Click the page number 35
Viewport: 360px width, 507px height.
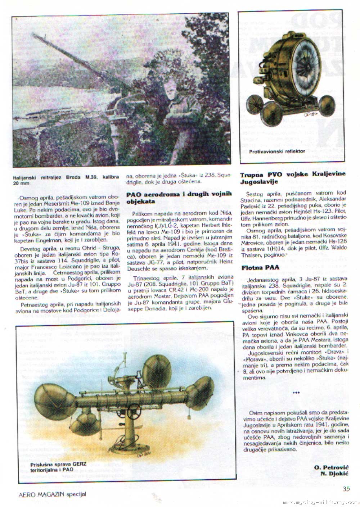(x=346, y=488)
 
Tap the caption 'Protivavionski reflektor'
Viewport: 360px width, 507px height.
(x=277, y=151)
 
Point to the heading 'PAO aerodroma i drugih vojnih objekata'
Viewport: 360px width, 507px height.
(x=179, y=198)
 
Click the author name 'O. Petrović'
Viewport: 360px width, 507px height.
(x=330, y=467)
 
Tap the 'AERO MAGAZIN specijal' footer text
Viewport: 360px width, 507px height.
(x=52, y=494)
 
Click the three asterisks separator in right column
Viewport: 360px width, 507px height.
(x=296, y=393)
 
